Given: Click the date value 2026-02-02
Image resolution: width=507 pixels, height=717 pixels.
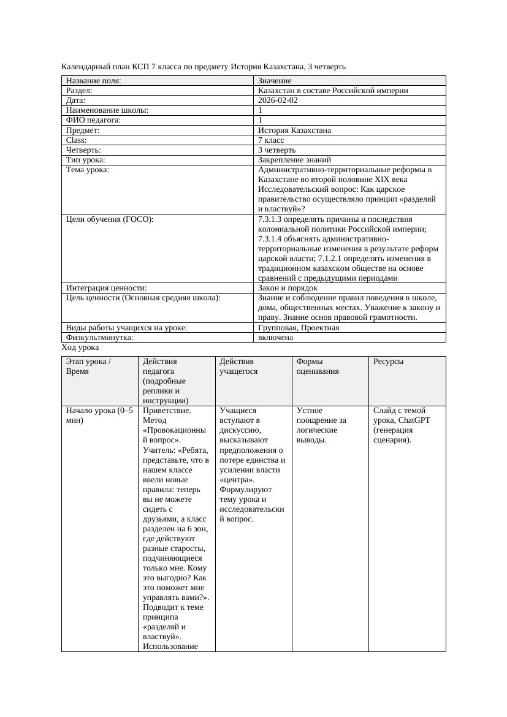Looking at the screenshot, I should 278,101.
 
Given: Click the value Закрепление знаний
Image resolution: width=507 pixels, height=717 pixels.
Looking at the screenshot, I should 294,160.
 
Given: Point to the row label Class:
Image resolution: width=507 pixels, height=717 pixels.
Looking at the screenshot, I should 77,140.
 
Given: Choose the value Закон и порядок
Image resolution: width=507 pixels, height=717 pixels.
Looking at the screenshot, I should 288,288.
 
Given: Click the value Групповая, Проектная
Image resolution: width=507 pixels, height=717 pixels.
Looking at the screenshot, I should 299,328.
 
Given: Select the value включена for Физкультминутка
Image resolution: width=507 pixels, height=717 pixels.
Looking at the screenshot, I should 275,338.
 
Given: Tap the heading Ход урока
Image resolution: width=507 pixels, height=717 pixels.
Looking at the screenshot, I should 80,347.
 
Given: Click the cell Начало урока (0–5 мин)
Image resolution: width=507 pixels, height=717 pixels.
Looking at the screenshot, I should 99,415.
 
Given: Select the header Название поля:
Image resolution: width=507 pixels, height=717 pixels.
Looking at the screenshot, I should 93,81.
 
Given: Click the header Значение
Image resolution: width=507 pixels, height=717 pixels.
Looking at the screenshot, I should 275,81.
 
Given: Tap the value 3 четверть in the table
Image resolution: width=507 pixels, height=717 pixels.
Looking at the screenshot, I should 276,150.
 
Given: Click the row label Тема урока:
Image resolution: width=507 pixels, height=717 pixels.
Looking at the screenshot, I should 87,170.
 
